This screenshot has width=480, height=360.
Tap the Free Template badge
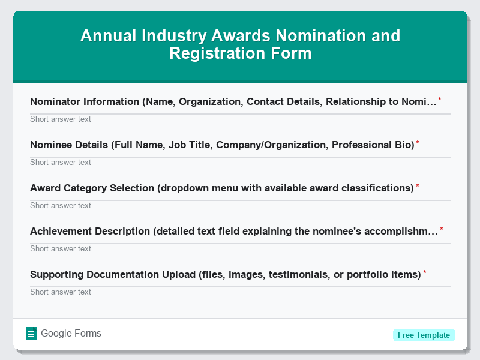coord(424,335)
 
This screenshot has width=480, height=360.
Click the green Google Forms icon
coord(32,334)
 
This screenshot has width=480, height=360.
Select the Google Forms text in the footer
coord(71,334)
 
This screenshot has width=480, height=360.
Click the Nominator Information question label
coord(233,102)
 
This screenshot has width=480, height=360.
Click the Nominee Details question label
coord(222,145)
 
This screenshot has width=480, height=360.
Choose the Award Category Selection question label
coord(222,188)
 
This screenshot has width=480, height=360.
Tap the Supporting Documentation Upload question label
coord(225,275)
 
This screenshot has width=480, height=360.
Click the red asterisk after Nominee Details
coord(418,143)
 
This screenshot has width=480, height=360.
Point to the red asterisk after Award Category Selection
coord(418,187)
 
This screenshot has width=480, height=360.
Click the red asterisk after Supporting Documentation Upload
coord(425,273)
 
